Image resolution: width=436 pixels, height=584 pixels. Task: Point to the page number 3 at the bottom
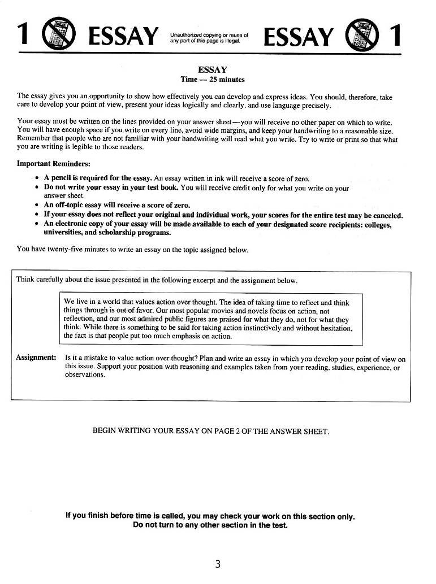[217, 564]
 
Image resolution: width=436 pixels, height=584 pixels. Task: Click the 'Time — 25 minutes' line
[212, 80]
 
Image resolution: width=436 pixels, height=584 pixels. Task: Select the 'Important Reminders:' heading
[54, 164]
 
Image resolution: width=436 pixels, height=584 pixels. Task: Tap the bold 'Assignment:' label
[36, 359]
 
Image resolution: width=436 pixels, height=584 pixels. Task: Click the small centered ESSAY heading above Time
[212, 70]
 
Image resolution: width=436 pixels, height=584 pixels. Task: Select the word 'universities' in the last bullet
[64, 232]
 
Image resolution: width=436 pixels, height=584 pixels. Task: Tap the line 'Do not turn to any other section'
[210, 525]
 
